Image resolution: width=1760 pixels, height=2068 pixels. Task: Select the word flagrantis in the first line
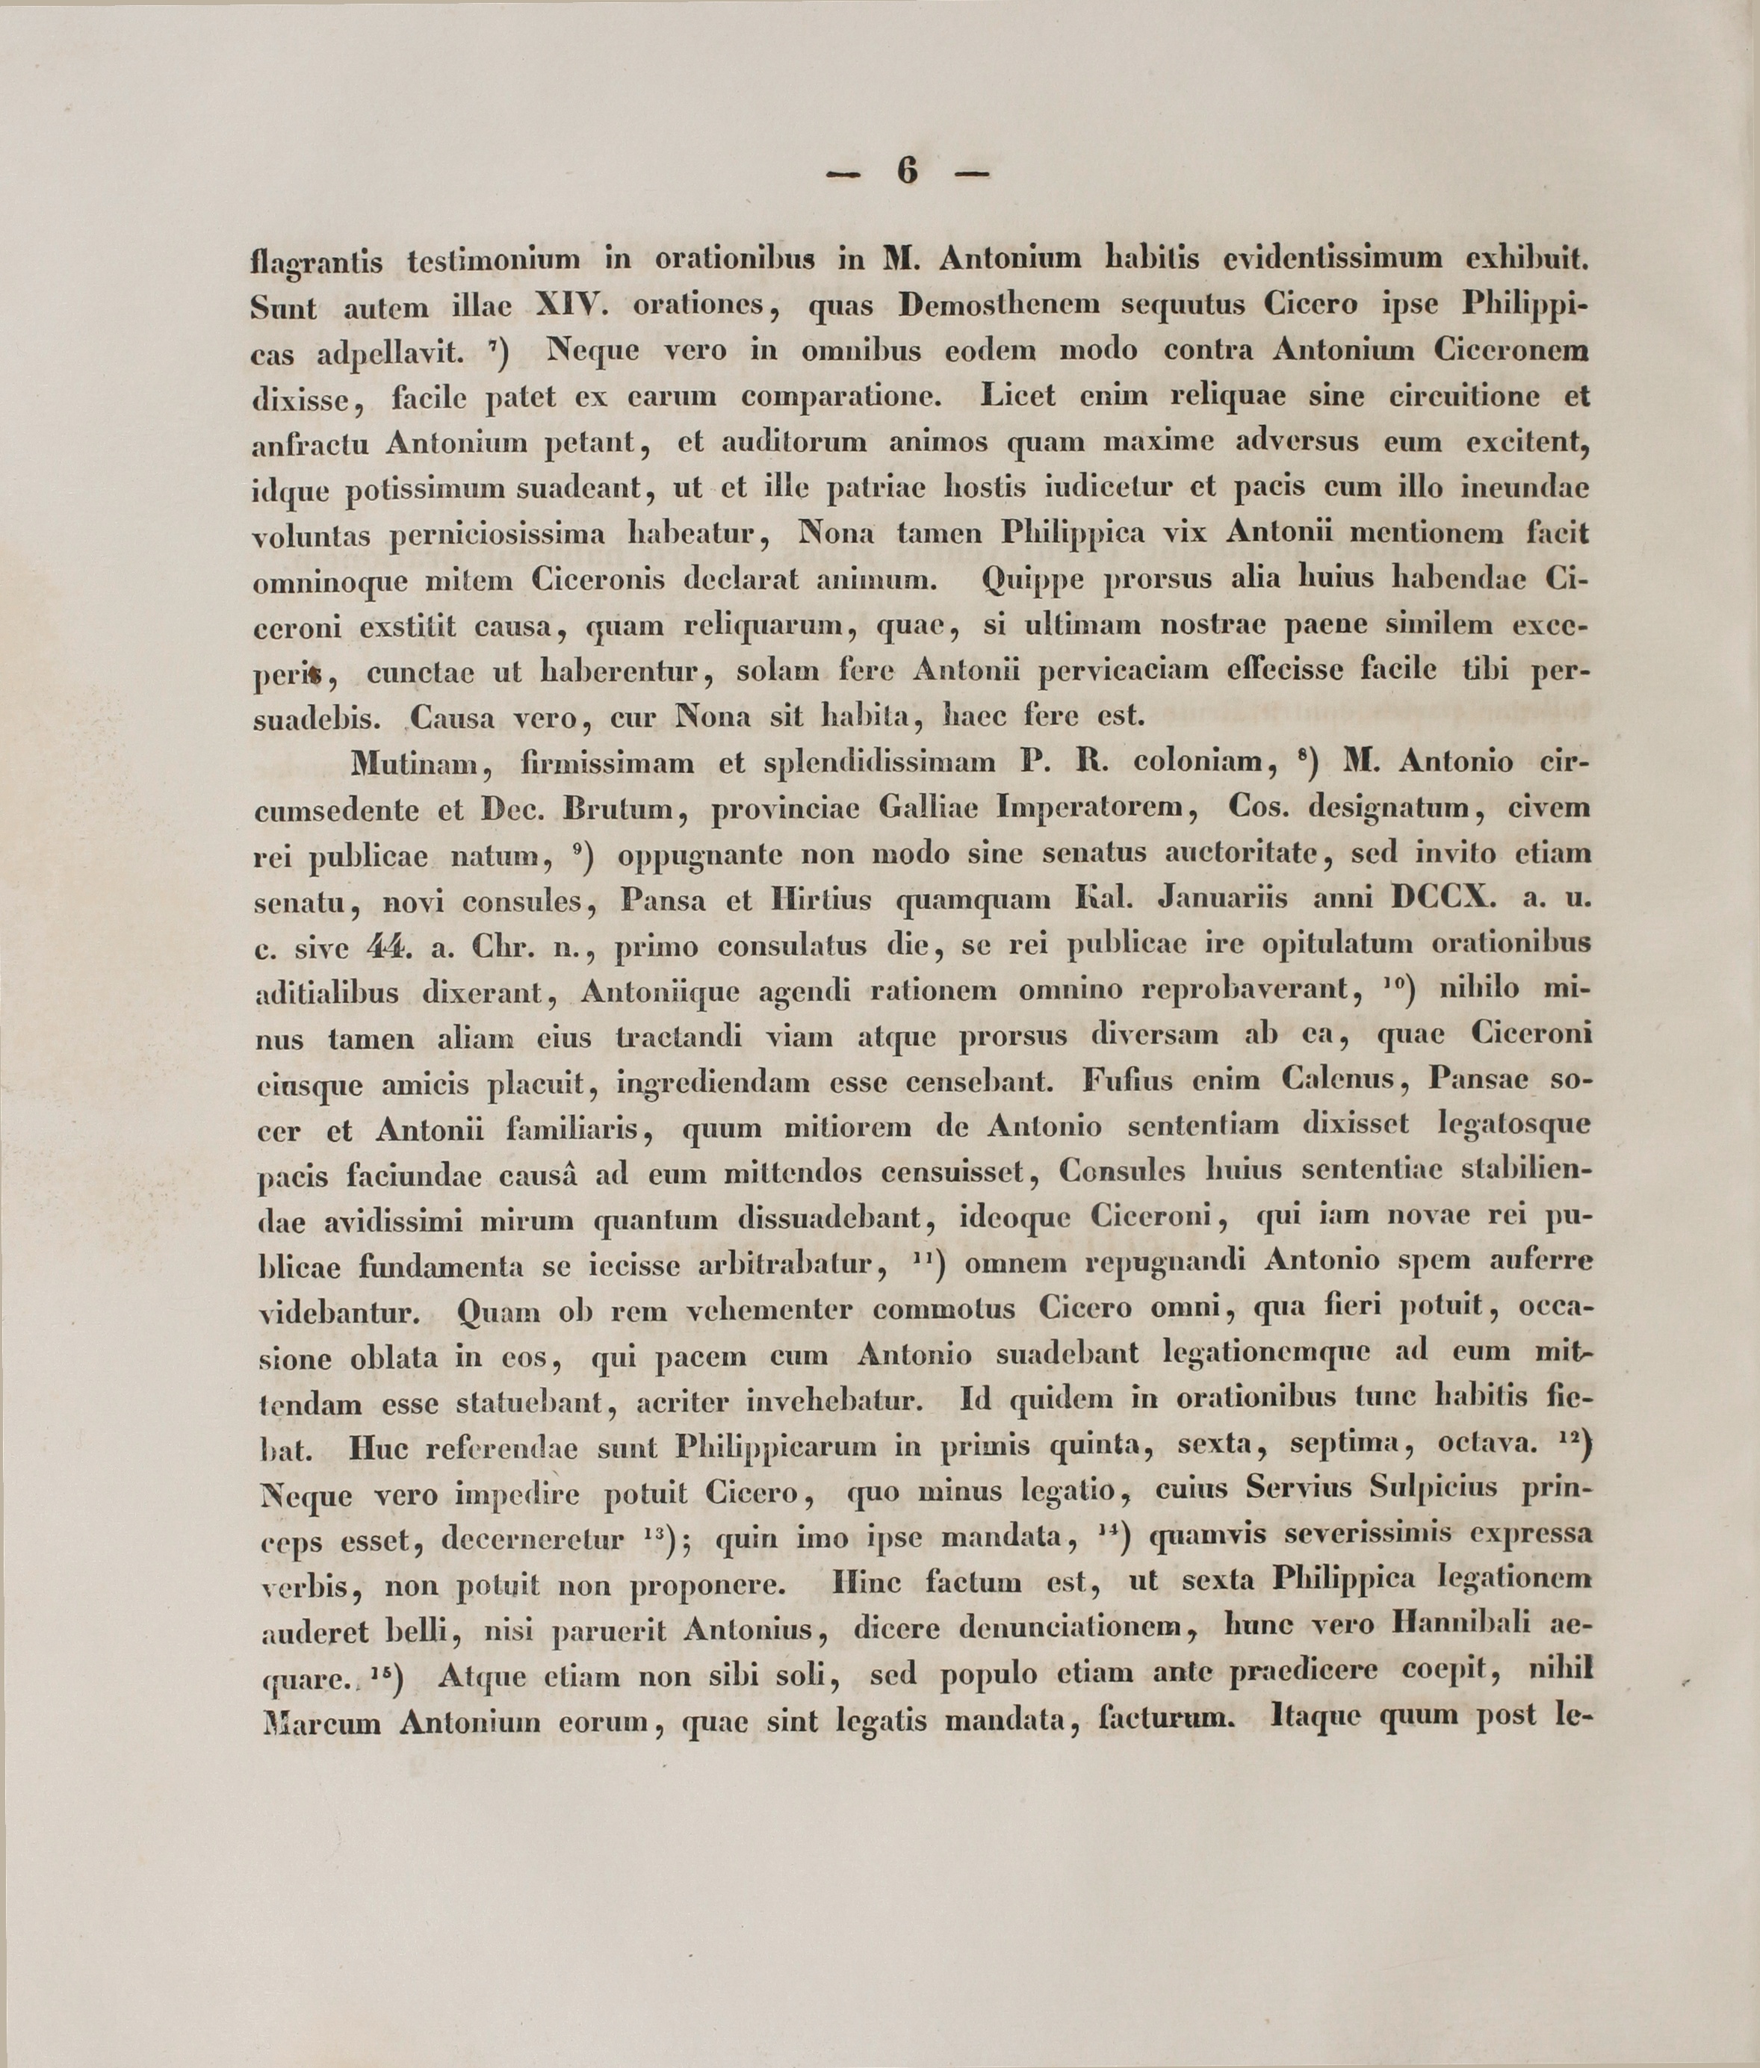click(x=316, y=261)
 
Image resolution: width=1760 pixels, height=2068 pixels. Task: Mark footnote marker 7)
click(x=501, y=350)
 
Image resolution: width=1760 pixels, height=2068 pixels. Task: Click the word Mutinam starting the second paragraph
click(x=417, y=764)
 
